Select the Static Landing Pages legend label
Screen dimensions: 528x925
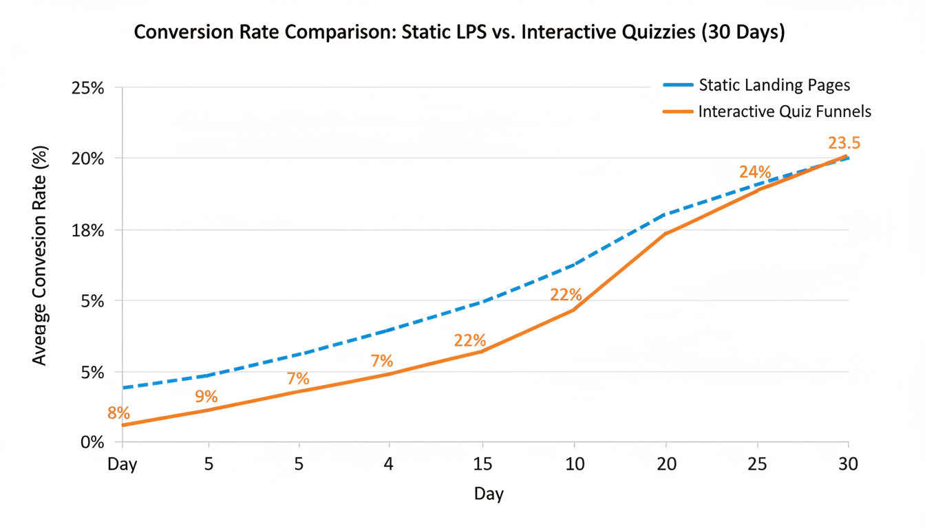pyautogui.click(x=774, y=85)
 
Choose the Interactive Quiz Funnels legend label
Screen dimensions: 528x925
pyautogui.click(x=785, y=111)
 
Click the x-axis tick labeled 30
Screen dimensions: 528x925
pyautogui.click(x=848, y=464)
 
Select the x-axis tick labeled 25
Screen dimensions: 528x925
pyautogui.click(x=757, y=464)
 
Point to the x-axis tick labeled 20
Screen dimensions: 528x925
pyautogui.click(x=666, y=464)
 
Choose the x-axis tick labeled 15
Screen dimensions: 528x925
pyautogui.click(x=483, y=464)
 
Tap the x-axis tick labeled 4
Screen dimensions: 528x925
pyautogui.click(x=389, y=464)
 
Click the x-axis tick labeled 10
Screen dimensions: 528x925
pyautogui.click(x=575, y=464)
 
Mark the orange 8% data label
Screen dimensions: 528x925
pyautogui.click(x=118, y=413)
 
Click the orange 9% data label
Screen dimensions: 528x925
pyautogui.click(x=206, y=397)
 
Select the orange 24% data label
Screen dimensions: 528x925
pyautogui.click(x=754, y=172)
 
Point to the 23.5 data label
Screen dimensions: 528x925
pyautogui.click(x=844, y=143)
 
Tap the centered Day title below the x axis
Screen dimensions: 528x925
pyautogui.click(x=489, y=494)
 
